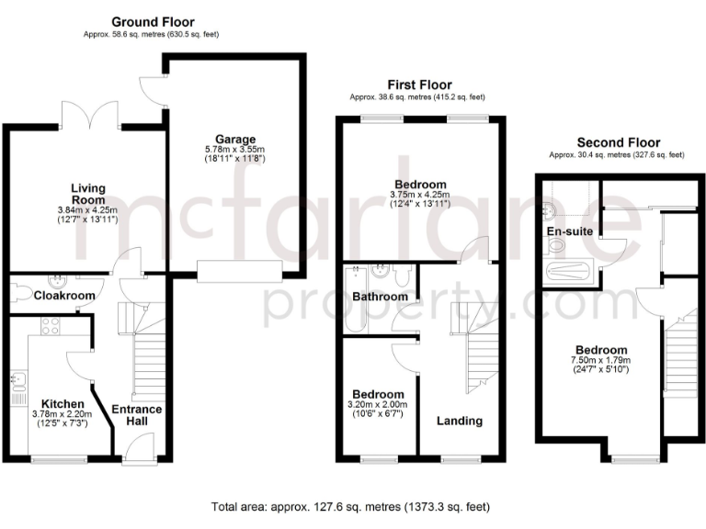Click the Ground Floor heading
click(x=153, y=21)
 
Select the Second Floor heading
click(x=617, y=142)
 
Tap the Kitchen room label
click(x=63, y=404)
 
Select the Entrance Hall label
click(x=136, y=416)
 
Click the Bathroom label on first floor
click(x=380, y=297)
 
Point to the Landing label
click(x=460, y=421)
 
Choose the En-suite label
click(x=571, y=231)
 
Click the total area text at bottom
click(x=351, y=506)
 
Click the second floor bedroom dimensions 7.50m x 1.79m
click(x=601, y=362)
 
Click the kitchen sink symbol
click(x=17, y=378)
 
